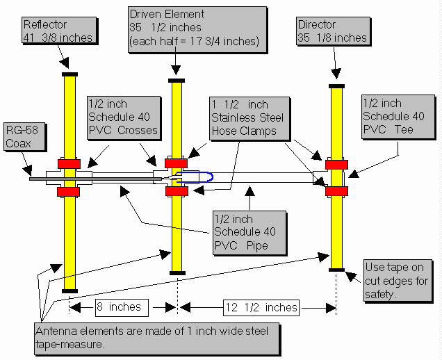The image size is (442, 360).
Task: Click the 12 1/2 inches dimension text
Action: coord(260,306)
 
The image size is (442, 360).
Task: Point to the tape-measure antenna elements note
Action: coord(157,336)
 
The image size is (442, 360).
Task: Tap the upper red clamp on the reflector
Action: coord(69,163)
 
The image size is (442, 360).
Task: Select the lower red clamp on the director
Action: coord(336,191)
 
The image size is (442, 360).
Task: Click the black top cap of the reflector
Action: coord(69,73)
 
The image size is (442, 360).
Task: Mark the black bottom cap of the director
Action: coord(336,270)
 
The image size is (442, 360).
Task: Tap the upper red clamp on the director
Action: coord(336,165)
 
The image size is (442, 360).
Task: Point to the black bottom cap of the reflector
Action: coord(69,290)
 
